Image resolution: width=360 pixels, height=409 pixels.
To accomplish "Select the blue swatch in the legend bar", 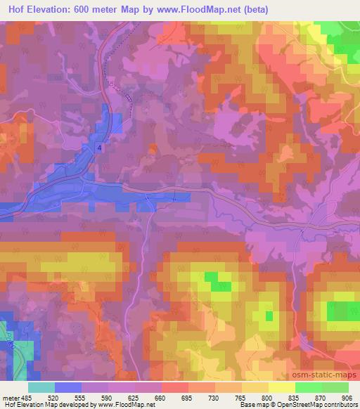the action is click(x=68, y=387).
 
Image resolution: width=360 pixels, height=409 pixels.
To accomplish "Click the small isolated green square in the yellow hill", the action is click(x=269, y=316).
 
